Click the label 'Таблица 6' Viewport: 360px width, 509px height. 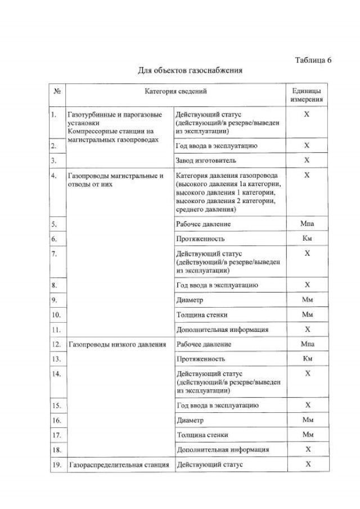[313, 60]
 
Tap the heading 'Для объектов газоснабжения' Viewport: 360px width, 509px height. [190, 71]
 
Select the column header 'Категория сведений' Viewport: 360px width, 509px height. [176, 91]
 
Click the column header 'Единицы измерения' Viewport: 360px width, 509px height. [307, 95]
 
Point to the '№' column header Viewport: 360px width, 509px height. [57, 91]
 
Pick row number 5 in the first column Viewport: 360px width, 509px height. [54, 224]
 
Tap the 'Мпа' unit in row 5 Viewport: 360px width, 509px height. [307, 224]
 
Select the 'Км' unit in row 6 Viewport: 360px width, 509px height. [307, 238]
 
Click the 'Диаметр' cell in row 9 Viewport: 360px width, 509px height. [190, 300]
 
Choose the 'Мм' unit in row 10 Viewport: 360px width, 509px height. [307, 314]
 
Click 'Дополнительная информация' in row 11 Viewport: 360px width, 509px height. [222, 330]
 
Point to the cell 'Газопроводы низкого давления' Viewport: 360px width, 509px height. [116, 344]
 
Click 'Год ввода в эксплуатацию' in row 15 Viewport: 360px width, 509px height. [217, 405]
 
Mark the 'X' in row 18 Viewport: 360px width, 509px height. [307, 449]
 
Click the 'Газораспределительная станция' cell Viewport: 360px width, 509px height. [119, 465]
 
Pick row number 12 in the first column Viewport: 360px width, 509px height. [56, 344]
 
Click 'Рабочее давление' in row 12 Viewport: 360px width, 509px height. [204, 344]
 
